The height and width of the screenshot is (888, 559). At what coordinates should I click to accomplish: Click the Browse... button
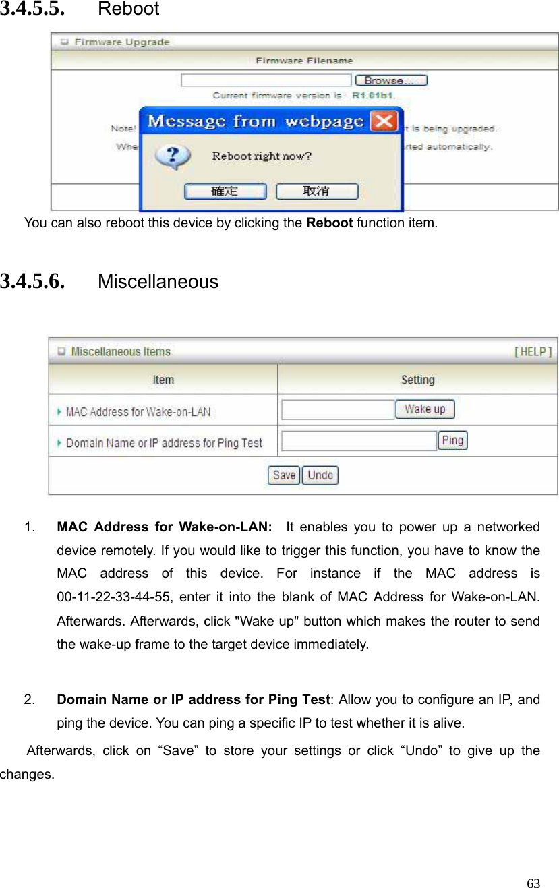pos(391,80)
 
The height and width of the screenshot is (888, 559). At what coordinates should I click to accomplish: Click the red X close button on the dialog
pos(384,121)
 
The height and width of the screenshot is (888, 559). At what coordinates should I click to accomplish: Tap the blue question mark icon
pos(173,156)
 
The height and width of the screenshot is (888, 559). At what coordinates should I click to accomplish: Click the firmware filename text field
pos(266,80)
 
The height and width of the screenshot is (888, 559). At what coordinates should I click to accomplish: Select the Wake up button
pos(425,409)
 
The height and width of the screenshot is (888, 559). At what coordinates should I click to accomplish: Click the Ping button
pos(452,440)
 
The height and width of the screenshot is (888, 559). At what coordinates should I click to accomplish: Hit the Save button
pos(284,475)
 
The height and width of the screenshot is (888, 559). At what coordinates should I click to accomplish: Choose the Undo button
pos(320,475)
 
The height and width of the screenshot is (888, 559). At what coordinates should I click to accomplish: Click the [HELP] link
pos(533,351)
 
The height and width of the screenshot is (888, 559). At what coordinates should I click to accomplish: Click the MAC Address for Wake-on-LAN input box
pos(338,410)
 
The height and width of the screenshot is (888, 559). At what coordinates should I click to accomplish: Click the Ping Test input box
pos(359,441)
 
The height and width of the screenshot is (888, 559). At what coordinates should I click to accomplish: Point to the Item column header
pos(163,380)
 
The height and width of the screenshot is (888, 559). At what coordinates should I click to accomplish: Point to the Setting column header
pos(418,380)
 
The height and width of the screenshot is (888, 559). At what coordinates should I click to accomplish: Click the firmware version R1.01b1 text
pos(373,96)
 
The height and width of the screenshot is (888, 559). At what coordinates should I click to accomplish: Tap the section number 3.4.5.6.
pos(33,281)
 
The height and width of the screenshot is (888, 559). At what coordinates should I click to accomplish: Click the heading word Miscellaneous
pos(158,282)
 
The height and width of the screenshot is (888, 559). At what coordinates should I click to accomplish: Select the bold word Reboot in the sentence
pos(329,223)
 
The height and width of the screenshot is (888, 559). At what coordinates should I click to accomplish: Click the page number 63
pos(533,883)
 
